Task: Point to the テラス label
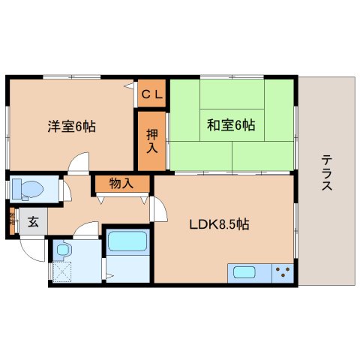[327, 173]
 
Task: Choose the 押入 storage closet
[151, 140]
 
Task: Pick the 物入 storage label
[121, 182]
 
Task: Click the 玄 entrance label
[33, 222]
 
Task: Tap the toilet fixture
[28, 187]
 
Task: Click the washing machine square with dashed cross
[63, 271]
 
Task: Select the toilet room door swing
[67, 191]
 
